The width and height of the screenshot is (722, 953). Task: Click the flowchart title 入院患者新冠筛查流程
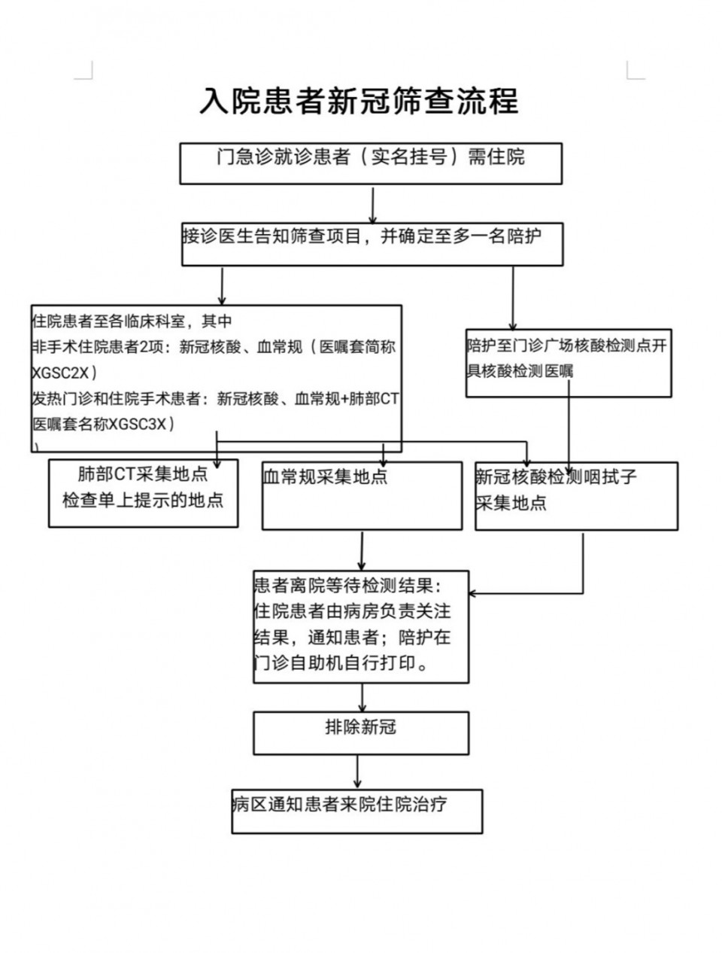pyautogui.click(x=359, y=101)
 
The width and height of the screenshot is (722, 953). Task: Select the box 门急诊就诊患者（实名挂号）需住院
pyautogui.click(x=370, y=163)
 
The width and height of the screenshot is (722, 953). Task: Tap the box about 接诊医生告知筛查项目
pyautogui.click(x=372, y=243)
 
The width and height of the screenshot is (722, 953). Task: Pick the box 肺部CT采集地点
pyautogui.click(x=143, y=493)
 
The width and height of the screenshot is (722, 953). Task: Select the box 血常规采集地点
pyautogui.click(x=361, y=495)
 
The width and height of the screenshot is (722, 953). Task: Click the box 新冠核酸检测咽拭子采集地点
pyautogui.click(x=576, y=495)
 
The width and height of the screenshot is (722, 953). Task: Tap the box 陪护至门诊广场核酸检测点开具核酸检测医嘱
pyautogui.click(x=568, y=363)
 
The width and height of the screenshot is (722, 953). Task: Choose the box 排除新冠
pyautogui.click(x=360, y=732)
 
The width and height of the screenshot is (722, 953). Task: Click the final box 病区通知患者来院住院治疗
pyautogui.click(x=356, y=811)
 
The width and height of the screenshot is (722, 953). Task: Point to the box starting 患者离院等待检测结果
pyautogui.click(x=360, y=626)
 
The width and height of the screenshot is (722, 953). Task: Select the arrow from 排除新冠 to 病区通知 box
pyautogui.click(x=357, y=772)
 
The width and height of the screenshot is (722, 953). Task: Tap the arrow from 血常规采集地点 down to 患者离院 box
pyautogui.click(x=362, y=550)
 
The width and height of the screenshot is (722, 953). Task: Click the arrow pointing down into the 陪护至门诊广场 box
pyautogui.click(x=513, y=298)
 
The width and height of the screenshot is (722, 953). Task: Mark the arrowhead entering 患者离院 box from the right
pyautogui.click(x=474, y=593)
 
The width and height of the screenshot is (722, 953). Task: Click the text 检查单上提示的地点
pyautogui.click(x=143, y=501)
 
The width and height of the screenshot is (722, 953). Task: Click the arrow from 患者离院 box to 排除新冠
pyautogui.click(x=363, y=698)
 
